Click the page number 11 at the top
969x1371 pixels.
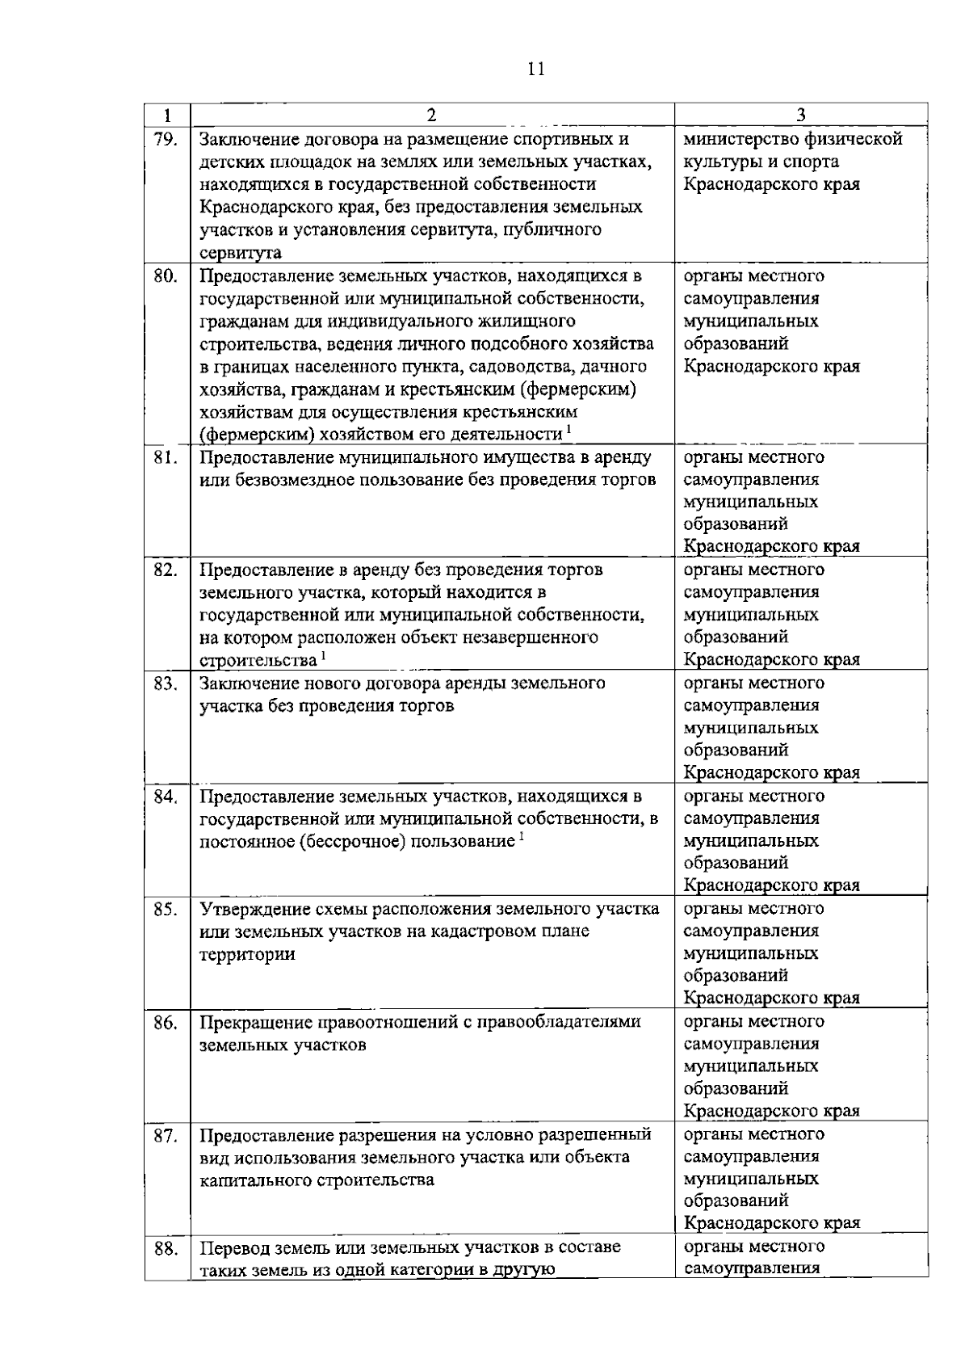click(535, 70)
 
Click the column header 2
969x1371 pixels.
click(431, 115)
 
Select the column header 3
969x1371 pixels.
click(800, 115)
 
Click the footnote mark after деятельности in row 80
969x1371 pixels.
click(568, 428)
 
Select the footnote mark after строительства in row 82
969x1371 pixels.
click(323, 655)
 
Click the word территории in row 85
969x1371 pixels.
click(247, 954)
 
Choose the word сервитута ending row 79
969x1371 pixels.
click(241, 253)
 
